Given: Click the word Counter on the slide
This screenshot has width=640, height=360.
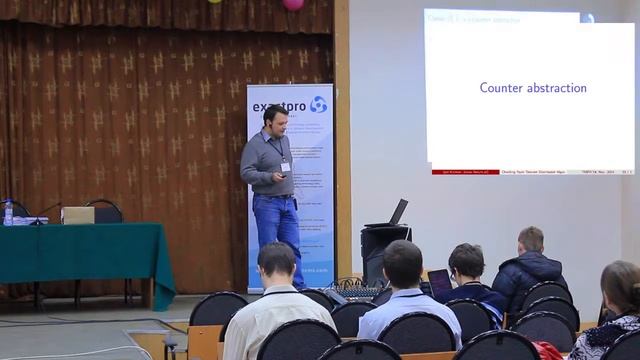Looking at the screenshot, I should click(501, 88).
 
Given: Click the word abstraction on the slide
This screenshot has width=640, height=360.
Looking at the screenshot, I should click(556, 88).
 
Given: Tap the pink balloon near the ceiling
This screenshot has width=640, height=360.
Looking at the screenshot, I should click(293, 4).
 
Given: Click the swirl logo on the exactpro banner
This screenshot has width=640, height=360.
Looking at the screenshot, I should click(318, 104).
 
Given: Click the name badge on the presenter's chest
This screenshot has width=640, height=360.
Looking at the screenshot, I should click(285, 164).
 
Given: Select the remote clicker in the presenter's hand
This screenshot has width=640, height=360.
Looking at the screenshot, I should click(283, 175).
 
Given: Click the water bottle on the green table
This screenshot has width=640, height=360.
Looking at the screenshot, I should click(8, 212).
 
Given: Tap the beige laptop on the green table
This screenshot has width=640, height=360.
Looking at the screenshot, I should click(78, 215).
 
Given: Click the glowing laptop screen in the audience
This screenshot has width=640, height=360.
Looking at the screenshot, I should click(439, 283).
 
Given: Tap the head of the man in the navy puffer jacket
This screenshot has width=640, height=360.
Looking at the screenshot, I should click(530, 241).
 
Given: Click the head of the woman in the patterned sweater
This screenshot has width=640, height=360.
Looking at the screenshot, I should click(620, 285).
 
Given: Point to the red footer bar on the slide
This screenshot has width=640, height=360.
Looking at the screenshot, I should click(465, 172).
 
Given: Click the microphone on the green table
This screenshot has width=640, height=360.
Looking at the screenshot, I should click(44, 211).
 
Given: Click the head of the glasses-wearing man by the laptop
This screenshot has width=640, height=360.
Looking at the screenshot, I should click(466, 262).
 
